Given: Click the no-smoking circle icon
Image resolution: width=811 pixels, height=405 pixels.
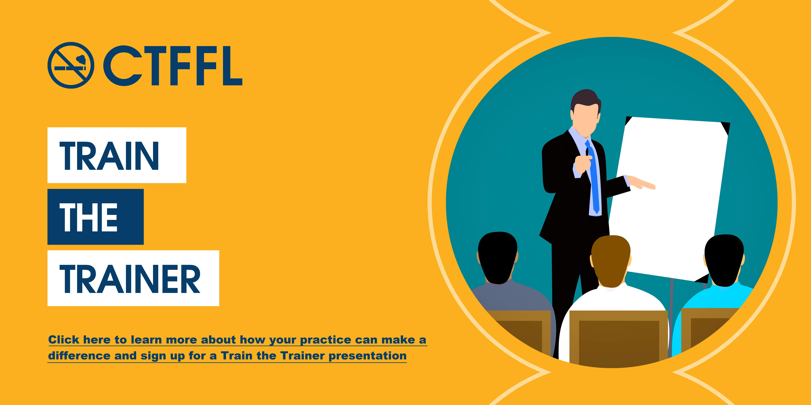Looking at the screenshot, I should click(71, 65).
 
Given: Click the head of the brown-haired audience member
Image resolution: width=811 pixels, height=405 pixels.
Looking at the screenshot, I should click(611, 259).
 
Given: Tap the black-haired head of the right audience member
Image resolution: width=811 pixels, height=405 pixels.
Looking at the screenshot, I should click(724, 258).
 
